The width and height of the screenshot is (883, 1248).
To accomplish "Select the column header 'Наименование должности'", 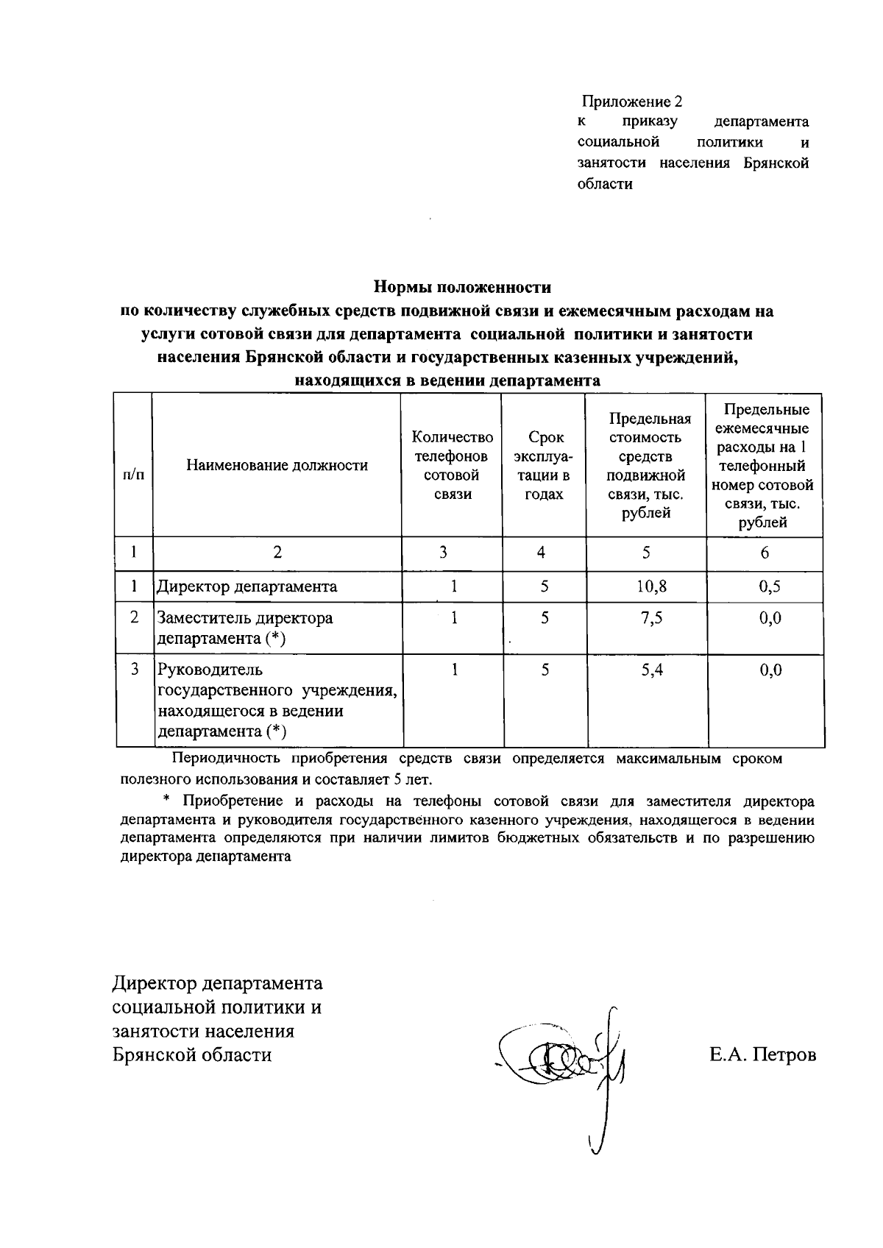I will [x=277, y=465].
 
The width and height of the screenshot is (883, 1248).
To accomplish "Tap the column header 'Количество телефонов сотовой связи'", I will [x=452, y=465].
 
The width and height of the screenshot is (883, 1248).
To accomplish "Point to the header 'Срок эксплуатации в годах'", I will [x=544, y=465].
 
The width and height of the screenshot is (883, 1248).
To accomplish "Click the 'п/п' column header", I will [x=133, y=474].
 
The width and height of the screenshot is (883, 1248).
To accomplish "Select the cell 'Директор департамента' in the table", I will [x=247, y=586].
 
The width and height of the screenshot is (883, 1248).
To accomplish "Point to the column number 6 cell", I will [x=765, y=553].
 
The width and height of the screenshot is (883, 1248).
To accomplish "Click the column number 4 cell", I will [x=542, y=553].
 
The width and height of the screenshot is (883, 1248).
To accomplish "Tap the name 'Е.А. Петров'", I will [x=762, y=1055].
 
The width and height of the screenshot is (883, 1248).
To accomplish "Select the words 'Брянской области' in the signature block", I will [x=192, y=1055].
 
